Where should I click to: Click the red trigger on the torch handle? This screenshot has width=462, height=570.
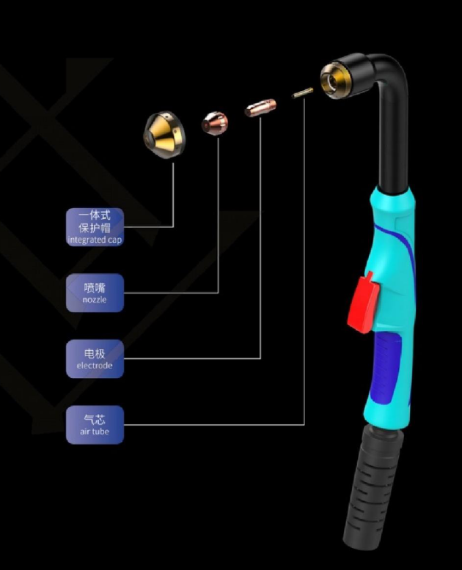364,303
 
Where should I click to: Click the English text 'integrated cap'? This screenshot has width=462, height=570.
95,240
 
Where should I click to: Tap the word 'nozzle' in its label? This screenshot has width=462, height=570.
95,300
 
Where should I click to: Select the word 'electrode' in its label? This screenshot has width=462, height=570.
95,365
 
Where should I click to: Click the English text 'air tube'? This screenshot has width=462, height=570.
95,431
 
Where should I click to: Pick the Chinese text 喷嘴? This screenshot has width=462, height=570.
95,288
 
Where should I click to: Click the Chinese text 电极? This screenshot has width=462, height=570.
95,353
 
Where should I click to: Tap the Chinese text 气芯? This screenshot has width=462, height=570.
95,418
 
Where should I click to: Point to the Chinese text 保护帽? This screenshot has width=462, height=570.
95,228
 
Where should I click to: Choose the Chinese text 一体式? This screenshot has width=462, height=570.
95,215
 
